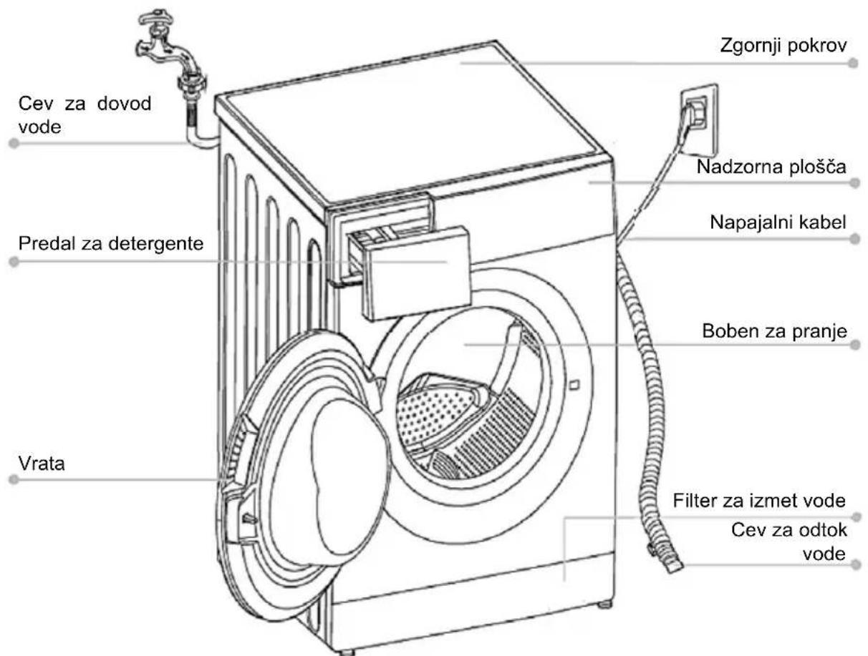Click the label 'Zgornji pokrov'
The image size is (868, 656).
coord(783,46)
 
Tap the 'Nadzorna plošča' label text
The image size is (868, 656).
coord(771,167)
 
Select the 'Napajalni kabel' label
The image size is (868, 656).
coord(778,222)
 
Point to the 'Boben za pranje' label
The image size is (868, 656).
coord(774,331)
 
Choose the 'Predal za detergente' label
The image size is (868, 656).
coord(111,244)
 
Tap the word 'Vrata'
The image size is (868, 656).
coord(42,464)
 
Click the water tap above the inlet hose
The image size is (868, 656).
coord(168,47)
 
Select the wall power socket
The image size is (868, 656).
coord(699,120)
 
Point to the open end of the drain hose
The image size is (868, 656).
coord(674,567)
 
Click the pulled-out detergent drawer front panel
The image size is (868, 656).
coord(418,273)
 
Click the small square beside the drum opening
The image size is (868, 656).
coord(574,385)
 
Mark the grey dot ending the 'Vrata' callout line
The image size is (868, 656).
coord(14,480)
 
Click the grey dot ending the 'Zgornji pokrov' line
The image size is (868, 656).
coord(854,63)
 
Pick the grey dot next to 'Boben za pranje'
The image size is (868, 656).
coord(855,345)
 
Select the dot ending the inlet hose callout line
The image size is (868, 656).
coord(14,143)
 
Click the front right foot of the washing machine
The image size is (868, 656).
coord(604,604)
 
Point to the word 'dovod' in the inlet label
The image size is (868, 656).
coord(124,104)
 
